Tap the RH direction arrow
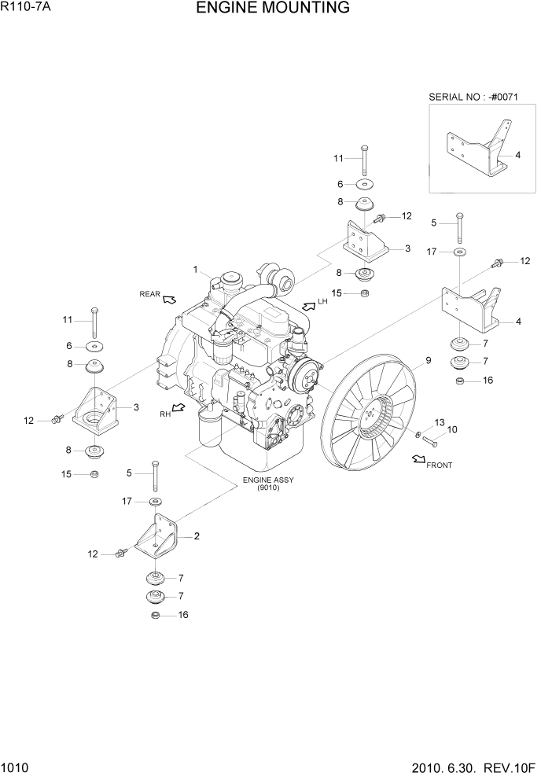tap(179, 408)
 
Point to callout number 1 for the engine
tap(195, 270)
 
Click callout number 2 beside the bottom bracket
tap(197, 536)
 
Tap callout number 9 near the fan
tap(428, 361)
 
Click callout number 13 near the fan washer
tap(439, 422)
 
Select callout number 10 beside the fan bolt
tap(452, 430)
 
